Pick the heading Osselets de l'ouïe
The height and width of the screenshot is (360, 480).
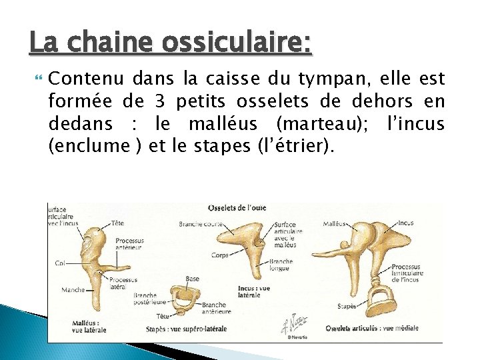point(237,208)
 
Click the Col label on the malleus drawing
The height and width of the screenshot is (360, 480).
point(59,263)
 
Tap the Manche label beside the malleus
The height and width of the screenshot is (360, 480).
point(73,290)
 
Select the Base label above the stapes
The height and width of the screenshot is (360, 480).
point(192,279)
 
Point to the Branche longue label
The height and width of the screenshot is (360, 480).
point(281,265)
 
